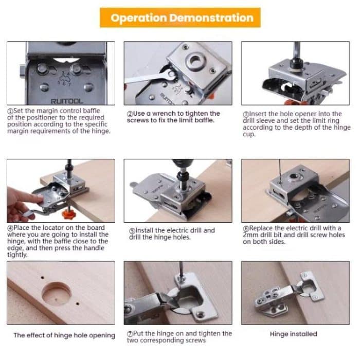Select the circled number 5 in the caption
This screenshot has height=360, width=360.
[132, 231]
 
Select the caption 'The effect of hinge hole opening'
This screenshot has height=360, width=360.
[64, 335]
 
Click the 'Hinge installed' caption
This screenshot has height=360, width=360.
[293, 334]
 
